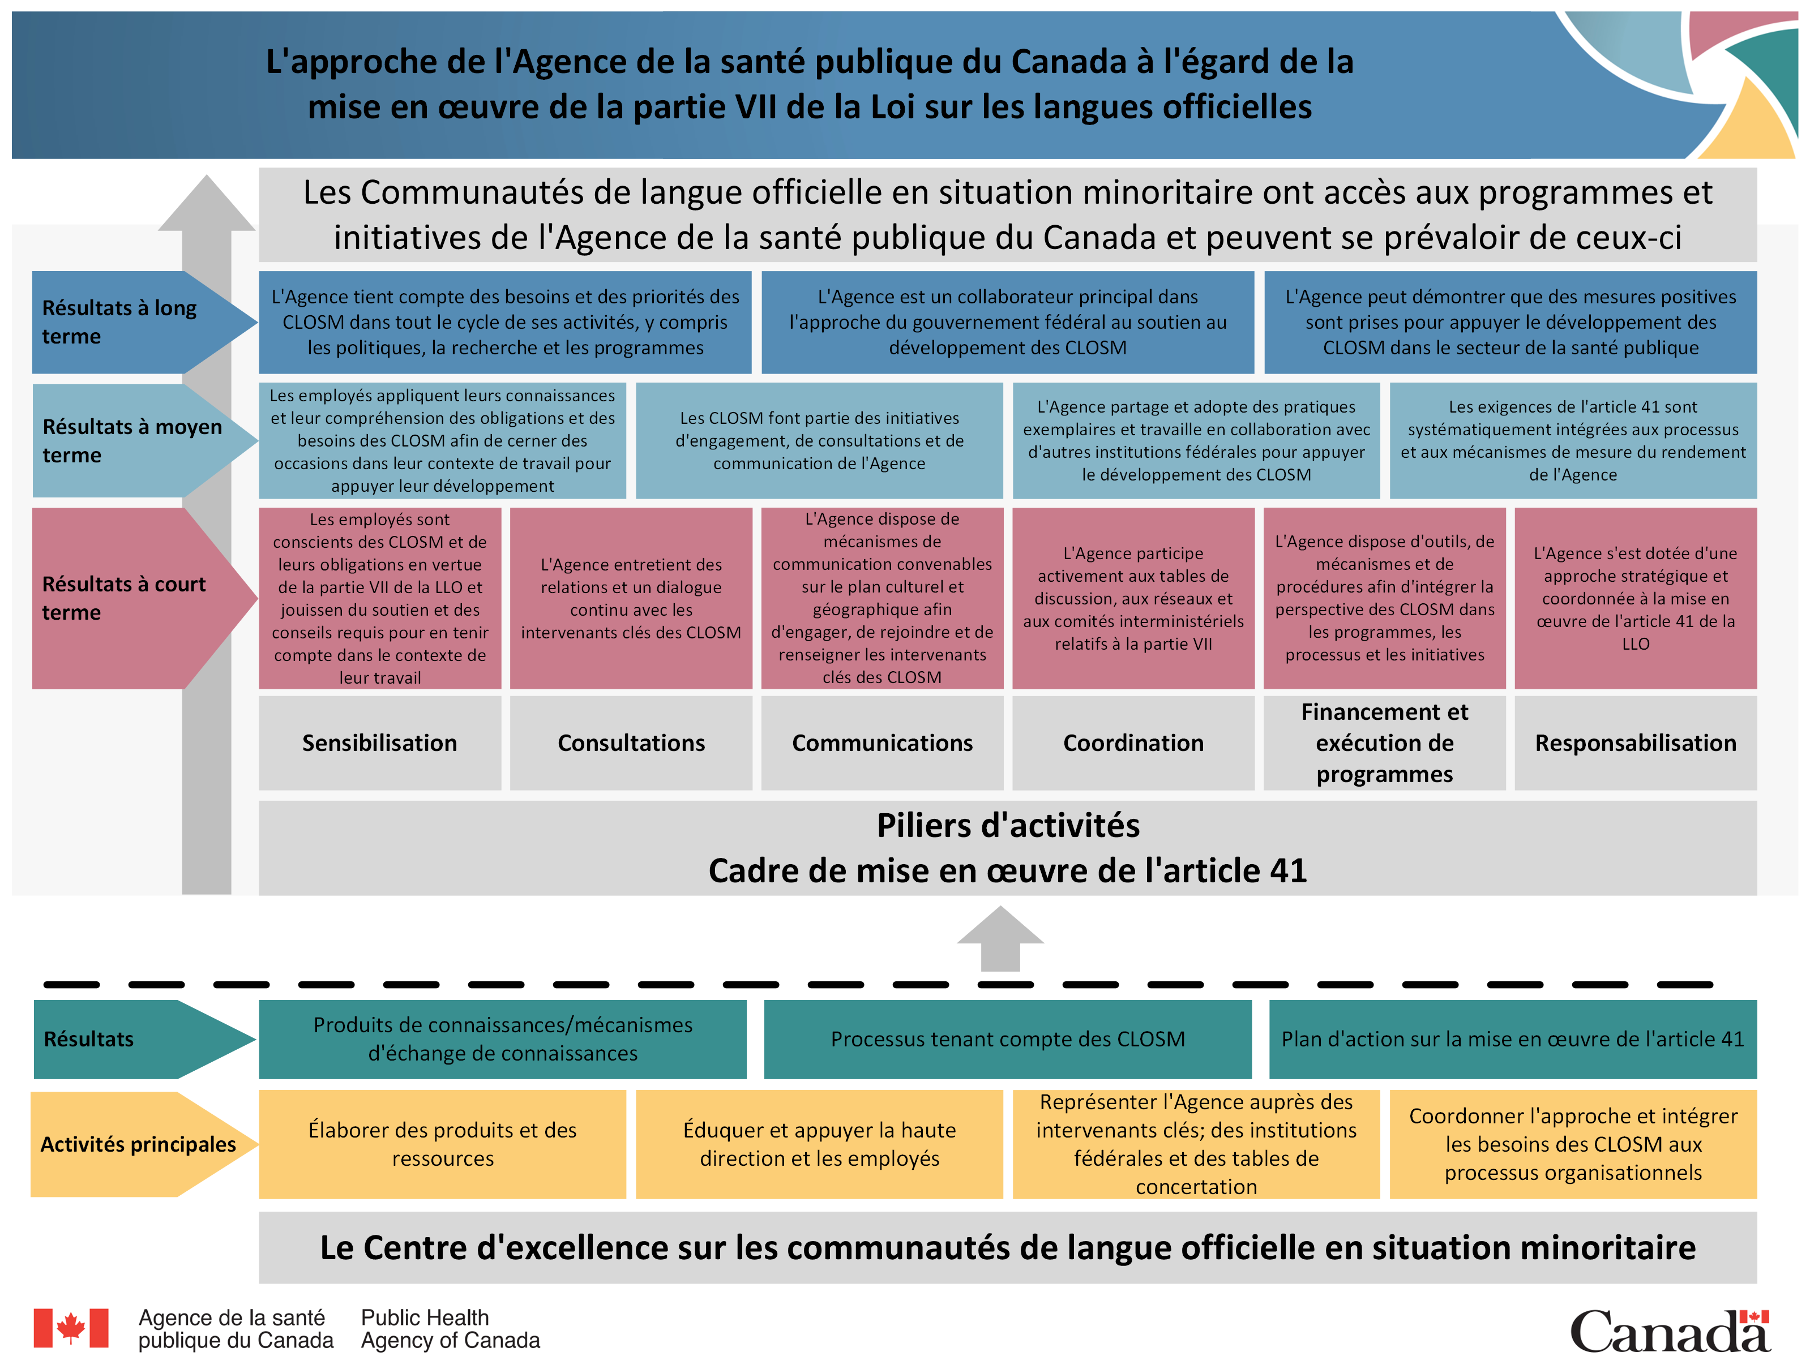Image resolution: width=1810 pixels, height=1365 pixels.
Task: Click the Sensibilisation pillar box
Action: (380, 742)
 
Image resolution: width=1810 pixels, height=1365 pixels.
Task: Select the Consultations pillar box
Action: (631, 742)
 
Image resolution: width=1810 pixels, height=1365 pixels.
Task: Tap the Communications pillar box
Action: (882, 742)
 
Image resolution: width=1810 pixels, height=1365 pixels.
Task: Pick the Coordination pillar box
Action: (1133, 742)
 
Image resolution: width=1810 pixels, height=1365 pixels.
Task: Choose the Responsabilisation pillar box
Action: (1635, 742)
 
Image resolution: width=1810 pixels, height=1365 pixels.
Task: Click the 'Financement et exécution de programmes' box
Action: (1384, 742)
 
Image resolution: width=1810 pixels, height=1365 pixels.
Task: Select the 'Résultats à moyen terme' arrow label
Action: (131, 441)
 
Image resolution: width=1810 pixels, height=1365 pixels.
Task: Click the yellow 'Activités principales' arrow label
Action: (138, 1144)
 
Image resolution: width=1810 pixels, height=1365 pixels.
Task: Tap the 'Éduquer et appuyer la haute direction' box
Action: (819, 1144)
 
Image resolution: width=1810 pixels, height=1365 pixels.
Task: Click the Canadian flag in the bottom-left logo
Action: (71, 1328)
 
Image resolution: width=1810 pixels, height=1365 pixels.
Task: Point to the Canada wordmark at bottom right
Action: (1669, 1330)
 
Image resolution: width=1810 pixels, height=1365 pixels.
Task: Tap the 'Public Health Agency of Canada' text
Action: (450, 1329)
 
